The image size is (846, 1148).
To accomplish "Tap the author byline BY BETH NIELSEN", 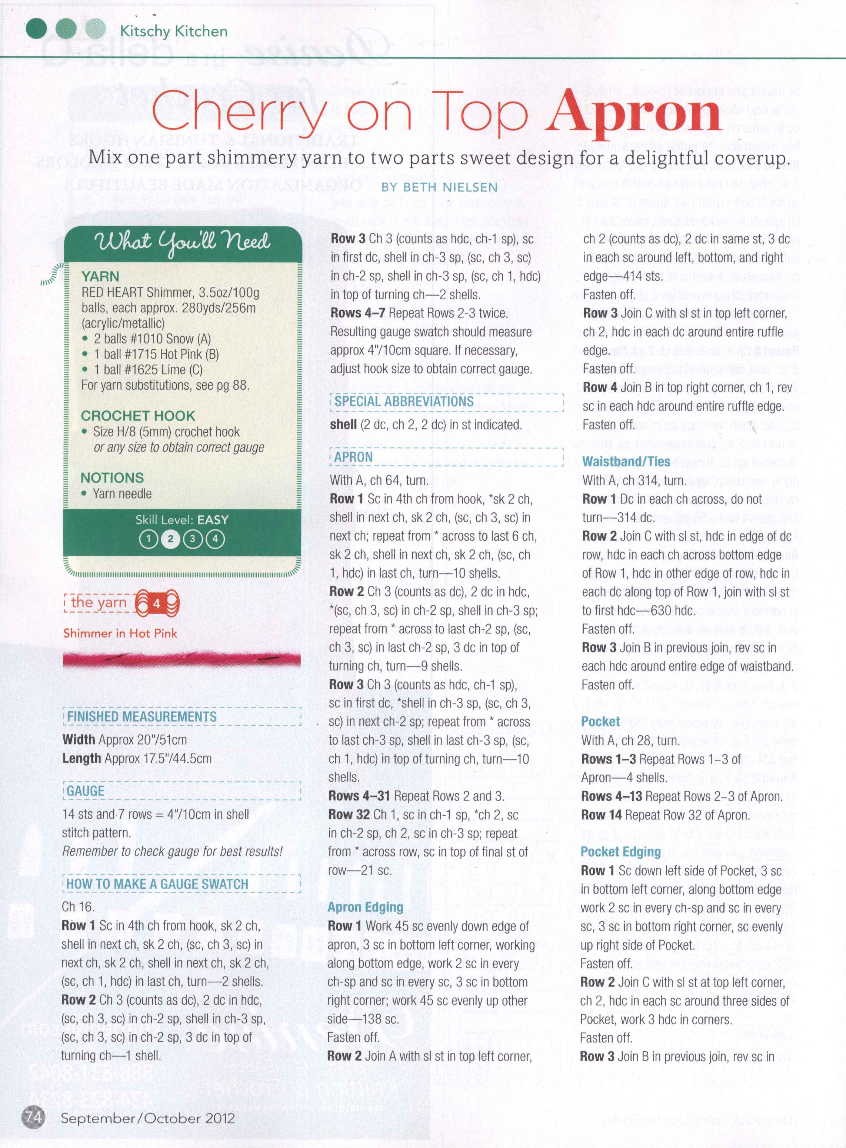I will [439, 187].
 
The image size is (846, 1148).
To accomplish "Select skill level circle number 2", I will [170, 539].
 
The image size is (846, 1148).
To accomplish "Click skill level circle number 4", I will [215, 539].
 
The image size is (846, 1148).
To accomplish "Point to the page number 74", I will [33, 1117].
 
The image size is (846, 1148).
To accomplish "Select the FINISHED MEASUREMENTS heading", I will [142, 716].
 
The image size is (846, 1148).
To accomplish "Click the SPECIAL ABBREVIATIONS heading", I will [404, 402].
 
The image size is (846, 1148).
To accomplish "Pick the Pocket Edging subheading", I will [621, 852].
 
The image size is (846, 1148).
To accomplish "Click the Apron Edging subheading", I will [365, 907].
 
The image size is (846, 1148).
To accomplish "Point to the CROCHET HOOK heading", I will [138, 416].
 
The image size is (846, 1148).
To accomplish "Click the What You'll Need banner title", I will [182, 241].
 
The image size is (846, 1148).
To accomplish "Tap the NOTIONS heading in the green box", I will [112, 478].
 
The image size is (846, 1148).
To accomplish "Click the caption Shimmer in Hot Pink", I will [120, 633].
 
